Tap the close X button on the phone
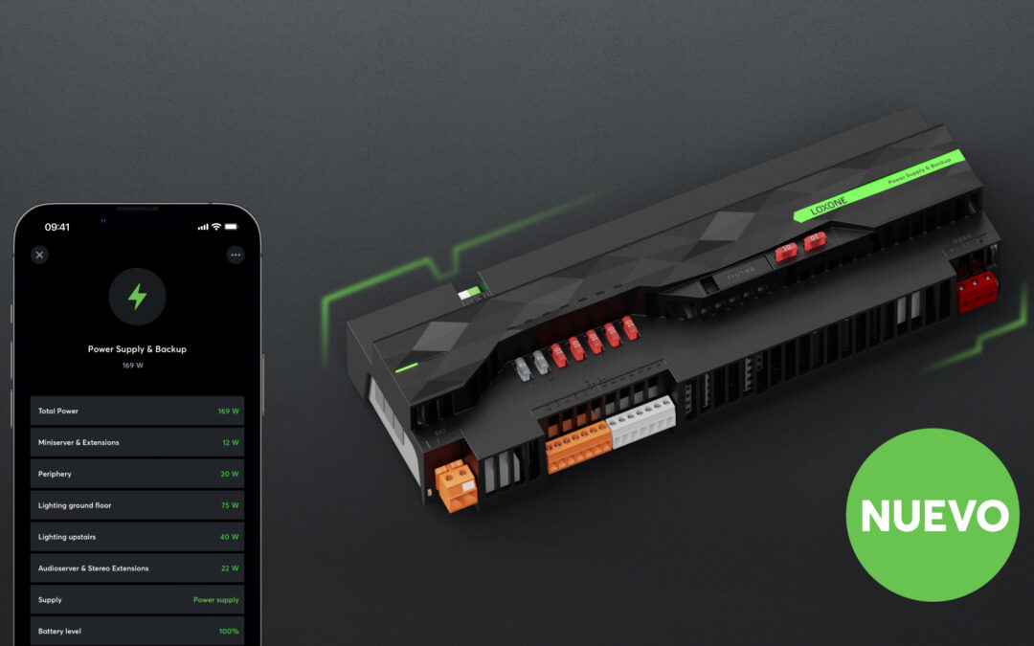pos(39,255)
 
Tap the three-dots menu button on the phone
pos(236,255)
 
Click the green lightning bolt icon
pos(137,297)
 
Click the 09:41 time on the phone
pos(57,227)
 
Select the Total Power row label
pos(58,412)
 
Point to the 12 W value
pos(230,443)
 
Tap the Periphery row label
pos(55,474)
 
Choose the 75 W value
pos(230,505)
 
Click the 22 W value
pos(230,568)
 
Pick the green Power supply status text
pos(216,600)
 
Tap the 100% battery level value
pos(229,632)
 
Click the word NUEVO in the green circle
pos(933,516)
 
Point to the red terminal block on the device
pos(977,293)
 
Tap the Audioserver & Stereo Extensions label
pos(93,568)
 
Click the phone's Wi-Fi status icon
pos(216,227)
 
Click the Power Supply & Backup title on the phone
pos(137,349)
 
